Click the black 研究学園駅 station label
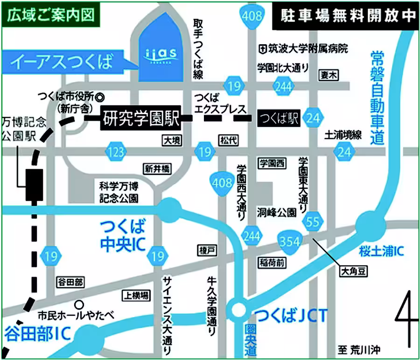[x=140, y=119]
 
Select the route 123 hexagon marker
[x=115, y=151]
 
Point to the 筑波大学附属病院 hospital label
[x=303, y=48]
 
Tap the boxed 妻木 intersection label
[x=329, y=75]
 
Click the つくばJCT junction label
[x=289, y=318]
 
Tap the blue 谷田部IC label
[x=38, y=333]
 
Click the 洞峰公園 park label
[x=276, y=213]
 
